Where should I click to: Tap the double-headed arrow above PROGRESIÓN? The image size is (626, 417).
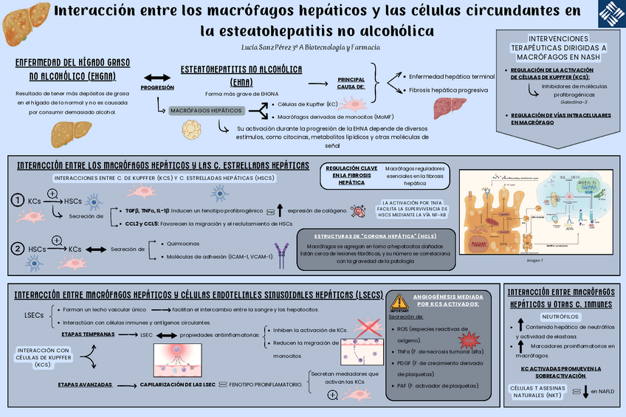156,78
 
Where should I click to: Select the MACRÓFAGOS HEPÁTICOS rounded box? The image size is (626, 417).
207,111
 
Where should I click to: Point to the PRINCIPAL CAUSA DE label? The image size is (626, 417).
351,83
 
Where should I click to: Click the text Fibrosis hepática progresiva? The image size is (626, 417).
448,90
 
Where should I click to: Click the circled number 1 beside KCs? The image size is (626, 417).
16,201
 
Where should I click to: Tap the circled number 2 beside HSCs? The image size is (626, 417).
16,249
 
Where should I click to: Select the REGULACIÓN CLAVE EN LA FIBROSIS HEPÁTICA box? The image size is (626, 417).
351,175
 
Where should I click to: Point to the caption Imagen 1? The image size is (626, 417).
534,260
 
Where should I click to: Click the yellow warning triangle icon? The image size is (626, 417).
399,301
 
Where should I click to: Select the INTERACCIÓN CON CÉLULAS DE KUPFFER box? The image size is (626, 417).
43,357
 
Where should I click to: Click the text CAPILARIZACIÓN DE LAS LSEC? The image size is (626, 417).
177,385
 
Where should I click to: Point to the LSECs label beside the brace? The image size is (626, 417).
34,315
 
